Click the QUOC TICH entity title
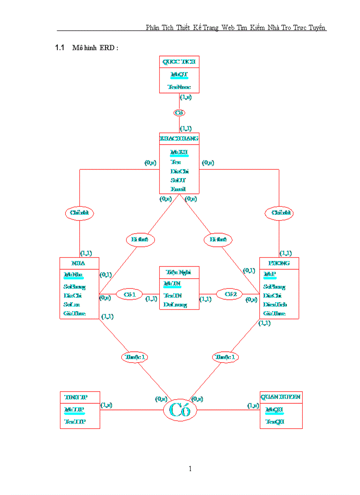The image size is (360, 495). pos(179,62)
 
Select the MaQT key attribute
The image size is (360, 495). pos(179,75)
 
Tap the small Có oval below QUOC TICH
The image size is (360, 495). pos(179,113)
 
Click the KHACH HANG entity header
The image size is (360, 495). pos(179,139)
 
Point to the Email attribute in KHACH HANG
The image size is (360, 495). pos(178,189)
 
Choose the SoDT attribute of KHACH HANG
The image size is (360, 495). pos(179,180)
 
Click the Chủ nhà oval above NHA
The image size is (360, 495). pos(79,213)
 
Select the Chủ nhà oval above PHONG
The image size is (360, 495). pos(279,213)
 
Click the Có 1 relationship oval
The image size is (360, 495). pos(129,294)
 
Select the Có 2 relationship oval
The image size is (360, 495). pos(230,294)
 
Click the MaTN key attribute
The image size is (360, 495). pos(172,283)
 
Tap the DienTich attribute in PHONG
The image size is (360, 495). pos(275,305)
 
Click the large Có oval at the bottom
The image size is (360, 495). pos(180,410)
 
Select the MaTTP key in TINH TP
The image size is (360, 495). pos(74,410)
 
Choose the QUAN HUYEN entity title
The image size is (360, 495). pos(281,397)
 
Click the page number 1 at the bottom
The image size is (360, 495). pos(190,469)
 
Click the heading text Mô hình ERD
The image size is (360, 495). pos(95,48)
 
